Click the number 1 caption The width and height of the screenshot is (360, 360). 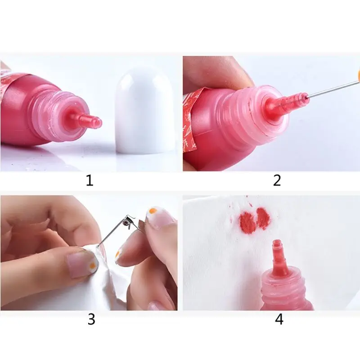(x=90, y=181)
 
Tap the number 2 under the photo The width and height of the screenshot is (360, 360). (x=277, y=180)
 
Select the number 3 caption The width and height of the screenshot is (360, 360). (x=91, y=319)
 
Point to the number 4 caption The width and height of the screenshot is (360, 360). (x=279, y=319)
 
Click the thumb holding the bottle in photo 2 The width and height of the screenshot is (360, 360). (x=216, y=72)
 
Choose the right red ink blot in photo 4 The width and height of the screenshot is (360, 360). (x=262, y=218)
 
